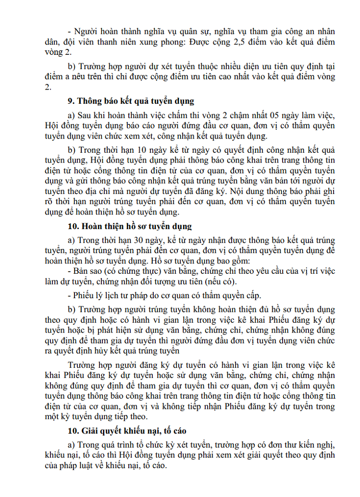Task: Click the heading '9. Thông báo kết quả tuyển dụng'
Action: pyautogui.click(x=131, y=101)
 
